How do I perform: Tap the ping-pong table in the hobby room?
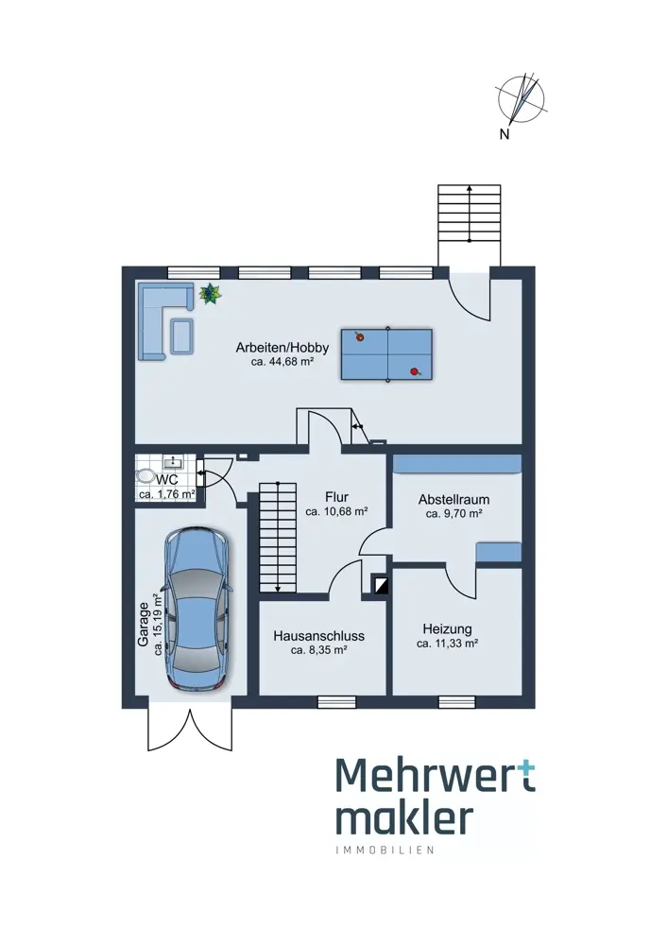[386, 354]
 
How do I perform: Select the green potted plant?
[210, 295]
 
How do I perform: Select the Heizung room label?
[447, 628]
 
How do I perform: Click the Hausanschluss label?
[319, 636]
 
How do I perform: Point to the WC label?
[167, 480]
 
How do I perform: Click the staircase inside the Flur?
[278, 537]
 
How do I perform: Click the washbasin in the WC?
[174, 462]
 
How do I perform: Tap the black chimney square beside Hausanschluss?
[381, 586]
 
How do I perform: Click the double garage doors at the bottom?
[191, 728]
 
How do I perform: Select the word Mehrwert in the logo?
[436, 779]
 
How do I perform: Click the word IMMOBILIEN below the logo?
[385, 851]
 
